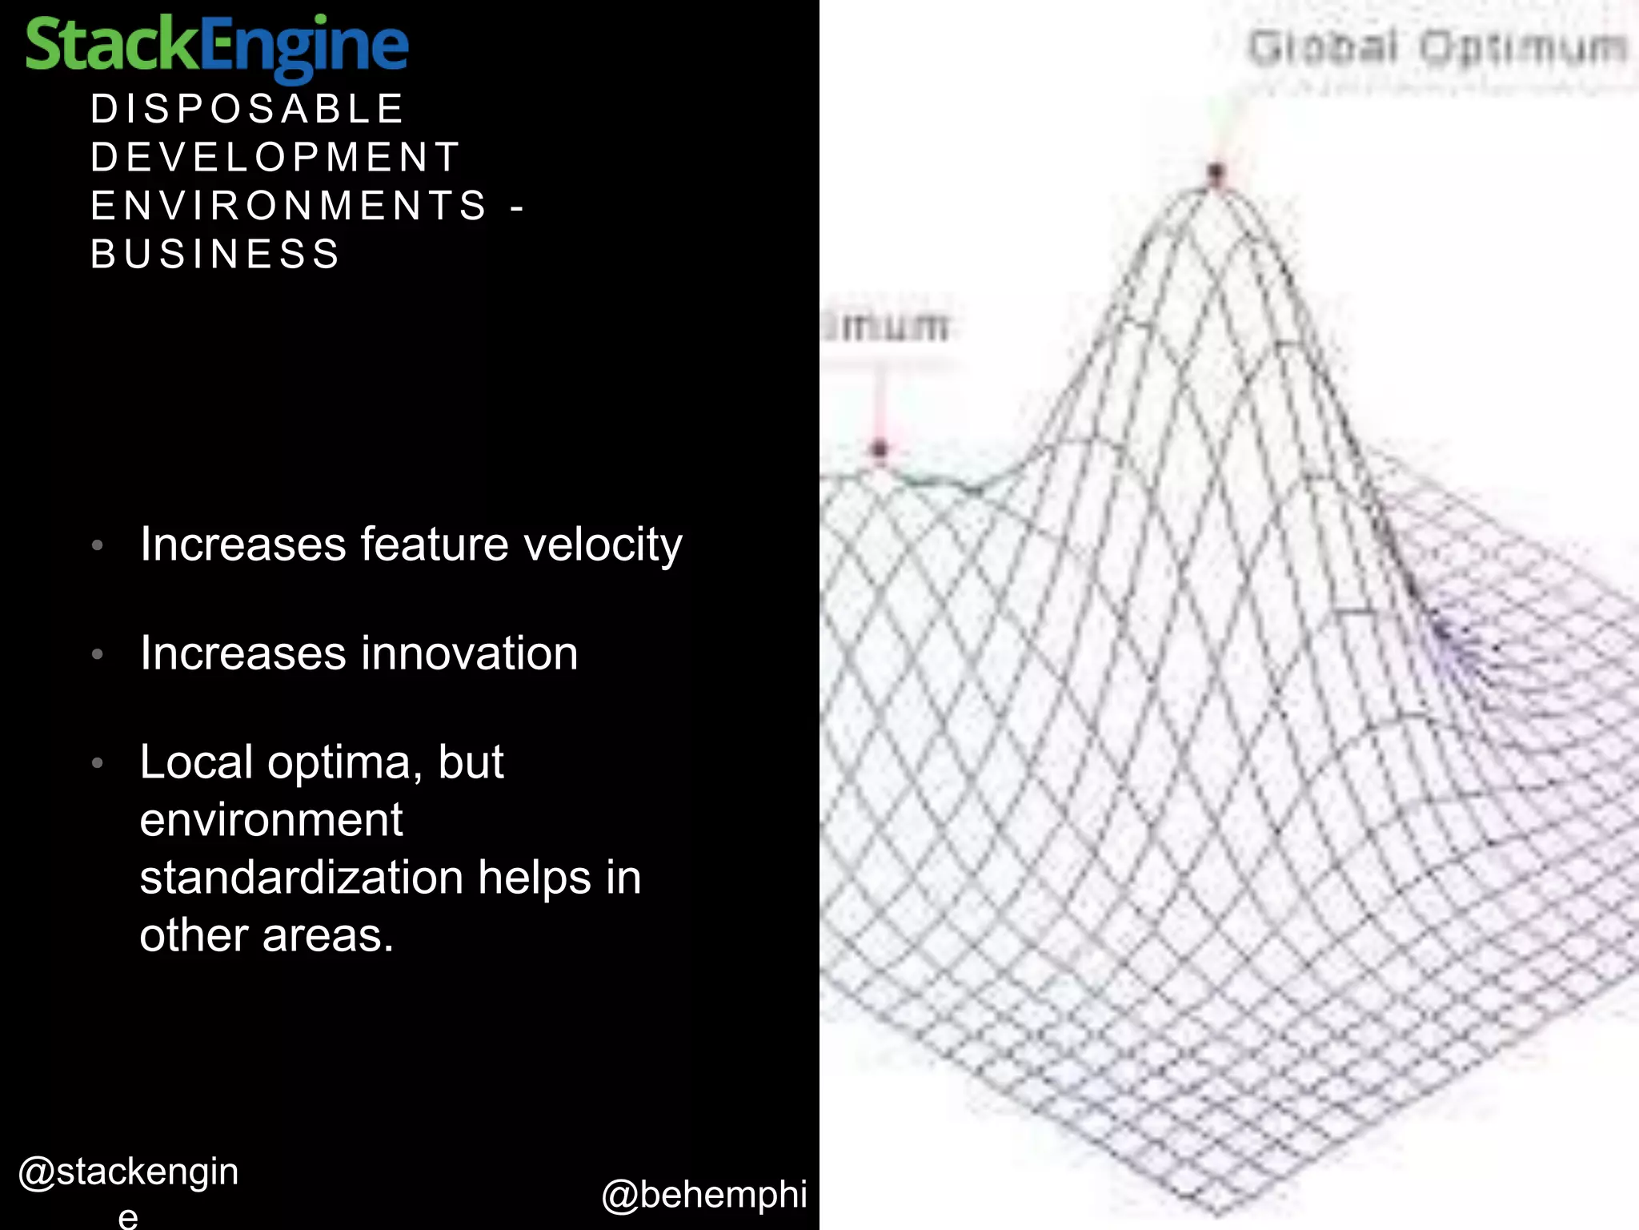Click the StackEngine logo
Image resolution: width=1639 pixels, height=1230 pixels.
pyautogui.click(x=216, y=46)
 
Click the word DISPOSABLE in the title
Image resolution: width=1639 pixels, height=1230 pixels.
pyautogui.click(x=247, y=109)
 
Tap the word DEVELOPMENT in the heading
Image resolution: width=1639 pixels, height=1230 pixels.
pyautogui.click(x=275, y=157)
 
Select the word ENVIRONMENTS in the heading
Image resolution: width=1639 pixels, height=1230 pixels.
pyautogui.click(x=289, y=206)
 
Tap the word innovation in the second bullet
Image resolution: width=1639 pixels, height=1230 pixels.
pyautogui.click(x=470, y=653)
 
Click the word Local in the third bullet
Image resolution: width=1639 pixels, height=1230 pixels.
pyautogui.click(x=196, y=762)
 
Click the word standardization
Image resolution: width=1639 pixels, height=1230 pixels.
pyautogui.click(x=302, y=878)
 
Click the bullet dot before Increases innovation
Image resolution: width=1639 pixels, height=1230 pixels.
pyautogui.click(x=98, y=654)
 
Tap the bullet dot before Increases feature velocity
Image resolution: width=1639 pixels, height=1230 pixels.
pyautogui.click(x=98, y=545)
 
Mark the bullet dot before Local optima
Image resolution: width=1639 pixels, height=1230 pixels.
pyautogui.click(x=98, y=762)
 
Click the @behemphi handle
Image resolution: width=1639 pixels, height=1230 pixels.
pyautogui.click(x=704, y=1195)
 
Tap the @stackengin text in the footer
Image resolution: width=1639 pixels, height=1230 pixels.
pyautogui.click(x=128, y=1172)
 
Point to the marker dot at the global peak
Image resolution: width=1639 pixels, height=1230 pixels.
pyautogui.click(x=1216, y=172)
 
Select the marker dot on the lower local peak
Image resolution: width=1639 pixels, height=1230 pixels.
pyautogui.click(x=880, y=449)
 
